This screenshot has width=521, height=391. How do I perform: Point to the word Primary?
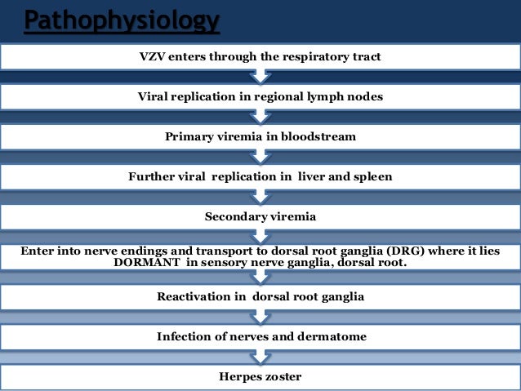tap(189, 136)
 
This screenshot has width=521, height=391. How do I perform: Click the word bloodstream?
tap(318, 136)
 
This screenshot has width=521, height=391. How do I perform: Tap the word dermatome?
tap(330, 336)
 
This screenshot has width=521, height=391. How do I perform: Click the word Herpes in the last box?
tap(239, 376)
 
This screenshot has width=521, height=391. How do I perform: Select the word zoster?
tap(283, 376)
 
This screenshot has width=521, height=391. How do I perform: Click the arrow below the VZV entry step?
tap(260, 77)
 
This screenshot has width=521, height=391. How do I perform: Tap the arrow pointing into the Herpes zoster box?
tap(260, 356)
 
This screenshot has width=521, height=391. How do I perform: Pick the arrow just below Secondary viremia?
tap(260, 236)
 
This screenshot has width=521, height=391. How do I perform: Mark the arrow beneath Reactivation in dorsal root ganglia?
tap(260, 316)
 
